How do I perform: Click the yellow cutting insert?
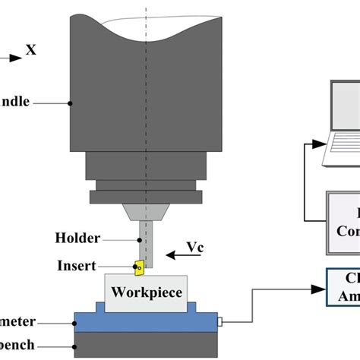click(139, 267)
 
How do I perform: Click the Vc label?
click(195, 248)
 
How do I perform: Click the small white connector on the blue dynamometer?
click(221, 323)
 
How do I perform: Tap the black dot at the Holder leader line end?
click(139, 238)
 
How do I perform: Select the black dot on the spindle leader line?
click(71, 102)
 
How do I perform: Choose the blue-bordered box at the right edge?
click(343, 289)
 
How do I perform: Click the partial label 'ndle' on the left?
click(15, 101)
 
